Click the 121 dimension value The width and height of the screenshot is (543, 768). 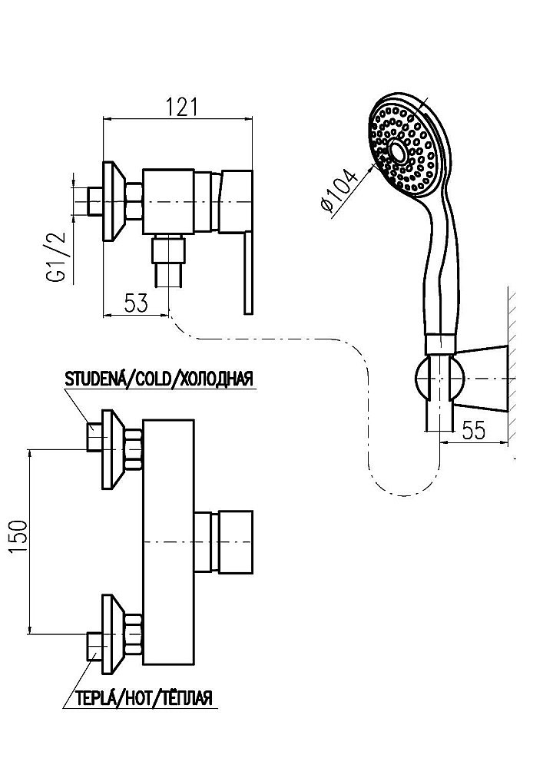point(182,107)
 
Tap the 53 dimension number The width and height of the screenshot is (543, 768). point(135,304)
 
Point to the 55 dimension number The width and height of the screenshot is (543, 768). point(473,430)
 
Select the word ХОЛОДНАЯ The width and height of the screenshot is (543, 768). point(214,379)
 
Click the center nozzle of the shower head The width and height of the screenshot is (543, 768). point(397,150)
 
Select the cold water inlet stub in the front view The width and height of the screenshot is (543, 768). point(94,436)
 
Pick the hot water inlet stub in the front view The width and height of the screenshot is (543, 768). point(94,647)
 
